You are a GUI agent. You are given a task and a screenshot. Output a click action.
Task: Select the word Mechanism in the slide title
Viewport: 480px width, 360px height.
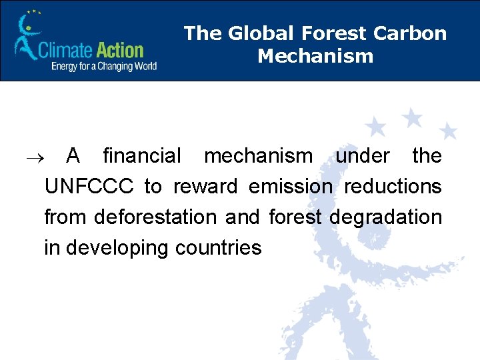[315, 56]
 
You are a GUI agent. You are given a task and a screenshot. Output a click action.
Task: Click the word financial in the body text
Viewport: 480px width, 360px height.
[141, 156]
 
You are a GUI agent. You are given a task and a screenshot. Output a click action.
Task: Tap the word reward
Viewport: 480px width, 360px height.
[205, 187]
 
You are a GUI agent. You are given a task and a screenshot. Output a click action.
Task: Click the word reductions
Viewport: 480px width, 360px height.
[393, 187]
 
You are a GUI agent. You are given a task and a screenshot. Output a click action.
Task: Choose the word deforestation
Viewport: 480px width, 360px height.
[155, 217]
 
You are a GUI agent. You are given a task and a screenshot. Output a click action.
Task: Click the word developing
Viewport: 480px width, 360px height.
[117, 249]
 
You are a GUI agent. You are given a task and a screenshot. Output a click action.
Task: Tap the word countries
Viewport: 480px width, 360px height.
[218, 248]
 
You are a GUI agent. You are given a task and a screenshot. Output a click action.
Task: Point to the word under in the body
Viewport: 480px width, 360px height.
[362, 156]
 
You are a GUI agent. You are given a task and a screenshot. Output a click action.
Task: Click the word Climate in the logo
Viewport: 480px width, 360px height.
[63, 50]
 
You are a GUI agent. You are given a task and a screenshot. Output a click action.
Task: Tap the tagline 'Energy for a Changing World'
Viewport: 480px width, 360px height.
[103, 66]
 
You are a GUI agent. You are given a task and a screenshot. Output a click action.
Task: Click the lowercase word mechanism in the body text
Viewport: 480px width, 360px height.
[258, 156]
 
